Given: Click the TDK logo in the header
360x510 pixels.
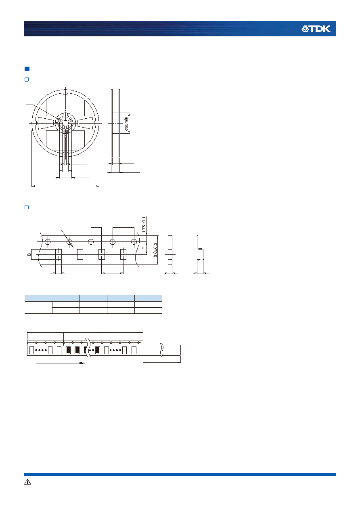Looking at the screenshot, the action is coord(316,29).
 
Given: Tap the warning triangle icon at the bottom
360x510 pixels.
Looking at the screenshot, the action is coord(27,482).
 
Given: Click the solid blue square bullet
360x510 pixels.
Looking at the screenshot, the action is coord(27,69).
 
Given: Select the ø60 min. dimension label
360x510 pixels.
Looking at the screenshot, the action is coord(126,123).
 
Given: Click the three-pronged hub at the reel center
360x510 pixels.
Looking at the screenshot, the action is coord(65,124).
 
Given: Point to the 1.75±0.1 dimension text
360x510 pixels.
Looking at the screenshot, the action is coord(144,225).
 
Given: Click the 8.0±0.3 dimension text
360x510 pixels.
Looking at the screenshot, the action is coord(155,250).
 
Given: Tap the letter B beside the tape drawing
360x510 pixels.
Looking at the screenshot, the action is coord(29,254).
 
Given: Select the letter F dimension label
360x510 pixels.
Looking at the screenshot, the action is coord(144,248).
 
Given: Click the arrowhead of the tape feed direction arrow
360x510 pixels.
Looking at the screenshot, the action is coord(82,363).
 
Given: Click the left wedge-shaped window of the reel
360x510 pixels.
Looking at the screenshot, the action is coord(46,123).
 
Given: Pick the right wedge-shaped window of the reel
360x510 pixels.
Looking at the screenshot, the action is coord(85,123).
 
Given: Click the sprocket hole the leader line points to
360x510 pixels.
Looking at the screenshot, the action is coord(69,241).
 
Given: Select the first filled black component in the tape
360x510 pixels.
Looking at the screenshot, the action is coord(68,350).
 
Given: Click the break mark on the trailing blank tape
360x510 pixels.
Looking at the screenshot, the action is coord(162,350).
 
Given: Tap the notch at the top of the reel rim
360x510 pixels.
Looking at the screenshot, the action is coord(65,93).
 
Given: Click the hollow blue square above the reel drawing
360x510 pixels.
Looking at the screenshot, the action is coord(27,80).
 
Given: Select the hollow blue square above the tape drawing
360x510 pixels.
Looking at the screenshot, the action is coord(27,207).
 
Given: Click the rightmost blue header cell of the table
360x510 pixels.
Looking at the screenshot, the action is coord(148,298).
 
